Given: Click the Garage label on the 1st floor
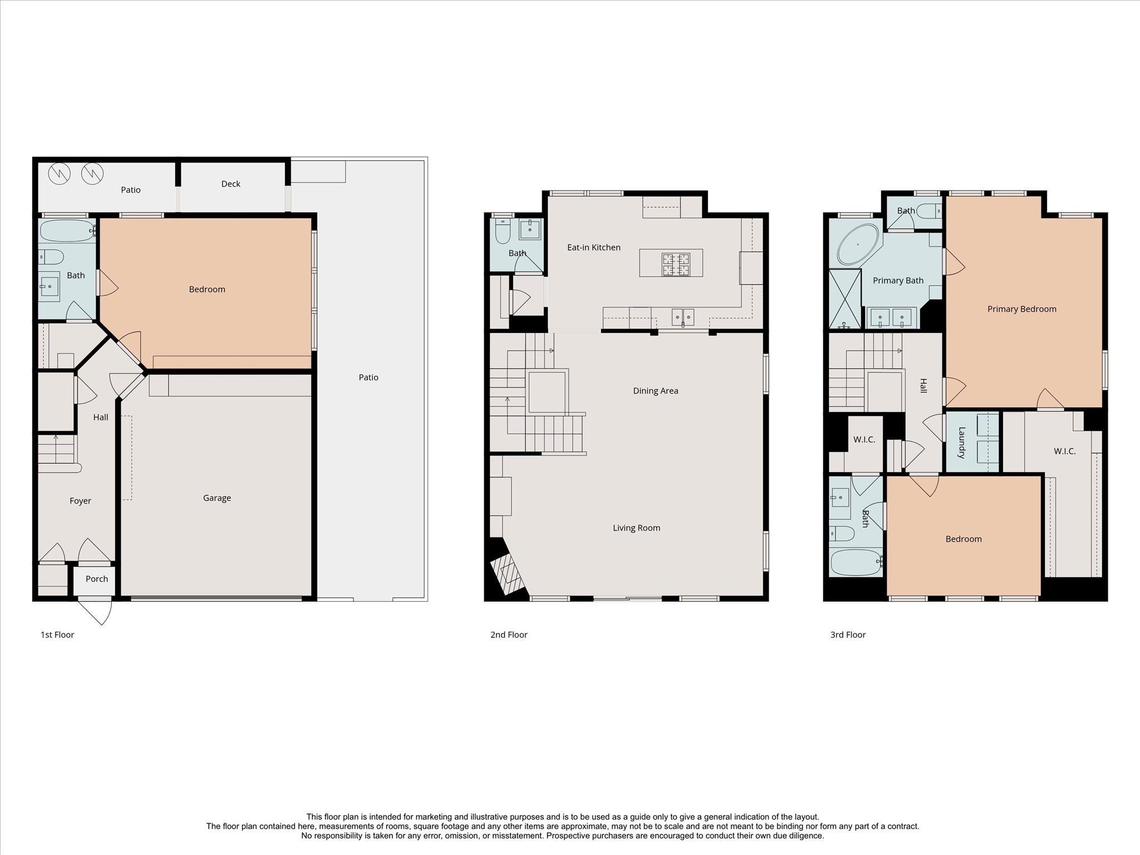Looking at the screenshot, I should [217, 498].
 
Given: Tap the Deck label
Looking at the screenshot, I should [230, 184].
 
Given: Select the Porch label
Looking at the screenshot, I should [96, 579].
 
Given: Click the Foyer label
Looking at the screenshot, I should [80, 501].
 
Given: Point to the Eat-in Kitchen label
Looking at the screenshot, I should [593, 247].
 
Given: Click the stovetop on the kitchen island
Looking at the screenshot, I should [676, 264].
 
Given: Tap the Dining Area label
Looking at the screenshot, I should [655, 391].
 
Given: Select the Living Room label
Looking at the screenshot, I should [636, 528].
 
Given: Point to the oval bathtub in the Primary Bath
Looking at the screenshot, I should [858, 245].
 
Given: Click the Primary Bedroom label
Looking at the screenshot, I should [1021, 309].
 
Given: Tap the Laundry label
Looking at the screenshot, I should [961, 443].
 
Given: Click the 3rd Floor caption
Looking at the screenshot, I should [848, 635].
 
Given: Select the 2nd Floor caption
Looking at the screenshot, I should [508, 635].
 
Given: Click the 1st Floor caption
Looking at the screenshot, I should [57, 635].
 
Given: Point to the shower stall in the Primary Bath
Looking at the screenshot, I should [844, 298].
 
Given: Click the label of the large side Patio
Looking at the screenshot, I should [368, 377].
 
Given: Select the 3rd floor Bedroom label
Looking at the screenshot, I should [963, 539].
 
